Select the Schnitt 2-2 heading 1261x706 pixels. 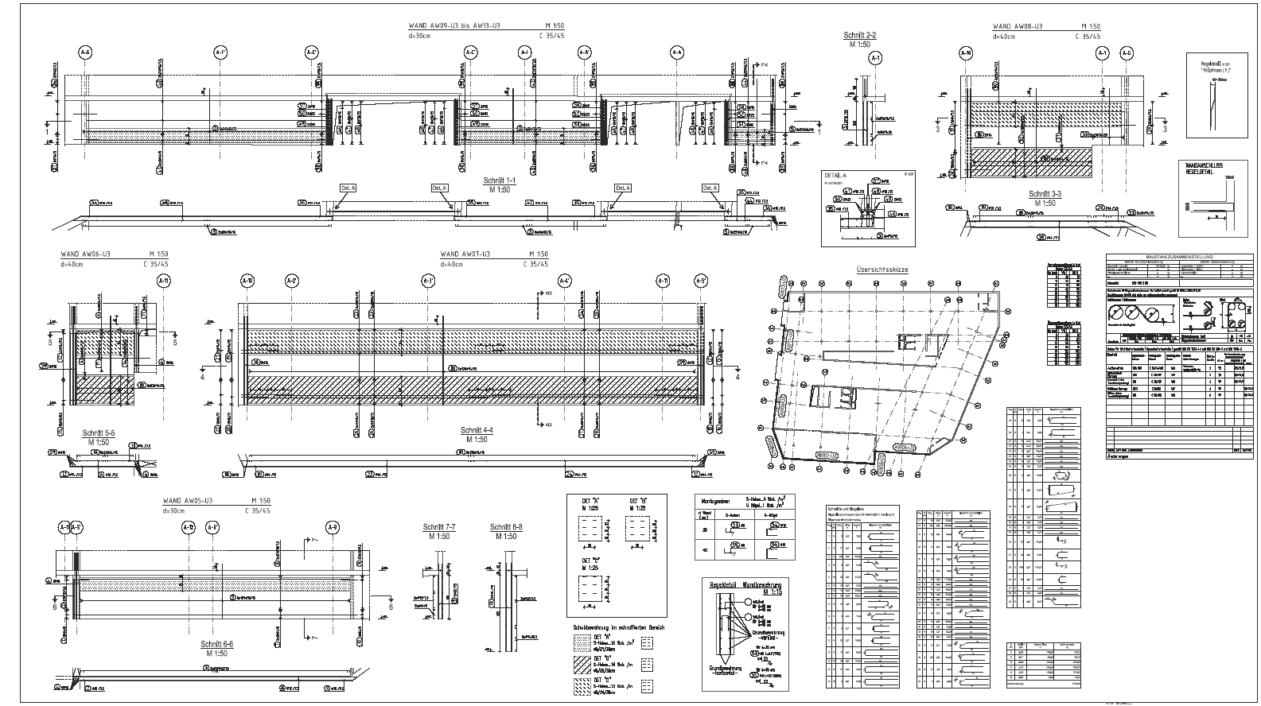click(860, 35)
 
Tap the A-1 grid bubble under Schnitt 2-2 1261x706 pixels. click(876, 58)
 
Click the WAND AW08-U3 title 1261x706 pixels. click(1018, 26)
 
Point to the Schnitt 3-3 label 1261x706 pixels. click(1045, 194)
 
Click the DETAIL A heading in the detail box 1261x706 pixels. click(835, 173)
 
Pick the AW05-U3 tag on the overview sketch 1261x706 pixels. click(905, 448)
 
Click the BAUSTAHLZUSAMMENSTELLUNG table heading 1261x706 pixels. click(1179, 256)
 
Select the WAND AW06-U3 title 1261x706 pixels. click(85, 254)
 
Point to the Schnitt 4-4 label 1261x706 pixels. click(477, 430)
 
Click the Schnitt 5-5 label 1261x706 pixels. click(99, 433)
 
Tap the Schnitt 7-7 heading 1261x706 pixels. click(439, 527)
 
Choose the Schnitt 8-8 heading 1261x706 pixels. click(506, 527)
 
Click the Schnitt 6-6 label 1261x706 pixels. click(216, 644)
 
